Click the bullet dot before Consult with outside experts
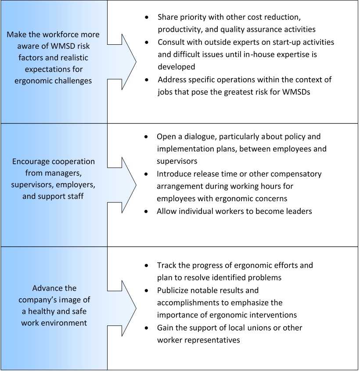click(x=147, y=43)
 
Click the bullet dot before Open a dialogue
click(x=147, y=137)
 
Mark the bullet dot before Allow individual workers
click(x=147, y=211)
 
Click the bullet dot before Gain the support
click(x=147, y=328)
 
